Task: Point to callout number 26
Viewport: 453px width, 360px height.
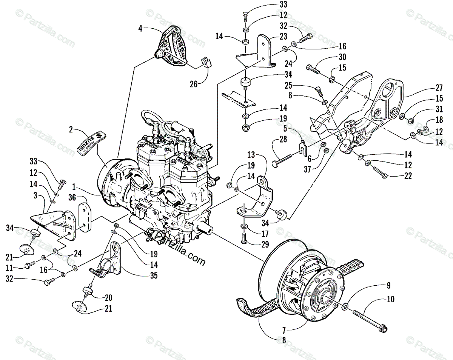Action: (194, 84)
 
